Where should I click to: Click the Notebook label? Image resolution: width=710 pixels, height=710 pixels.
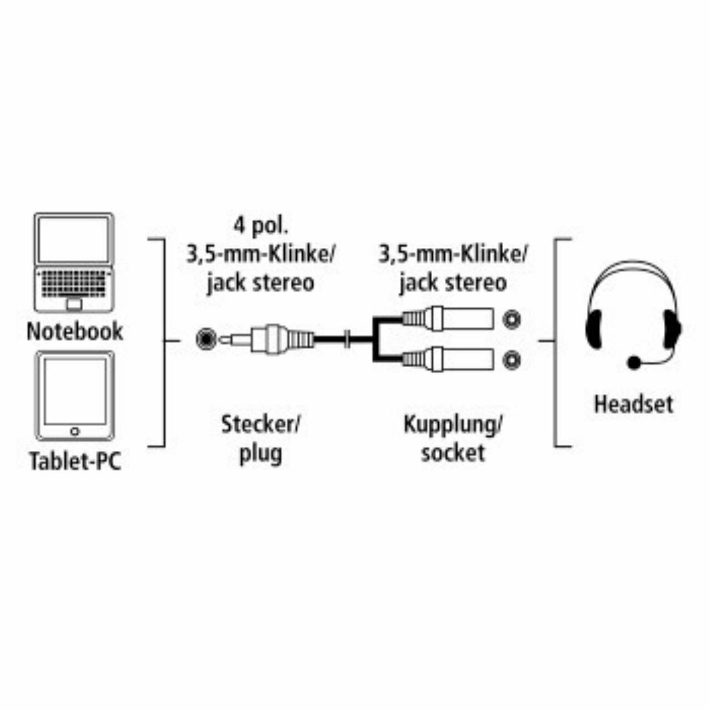pos(75,331)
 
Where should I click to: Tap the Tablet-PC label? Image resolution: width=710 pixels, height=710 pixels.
pos(75,461)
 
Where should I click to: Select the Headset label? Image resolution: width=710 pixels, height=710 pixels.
pos(633,404)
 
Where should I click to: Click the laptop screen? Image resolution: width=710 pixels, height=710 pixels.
pos(74,240)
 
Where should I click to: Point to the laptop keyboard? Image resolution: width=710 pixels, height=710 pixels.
pos(74,284)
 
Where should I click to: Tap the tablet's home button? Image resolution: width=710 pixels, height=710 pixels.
pos(74,431)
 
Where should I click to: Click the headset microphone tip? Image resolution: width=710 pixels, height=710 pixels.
pos(633,363)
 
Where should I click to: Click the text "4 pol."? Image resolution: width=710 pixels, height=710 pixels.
pos(260,226)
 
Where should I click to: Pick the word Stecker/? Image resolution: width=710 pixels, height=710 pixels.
pos(261,425)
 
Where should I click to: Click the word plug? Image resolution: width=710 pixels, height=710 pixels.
pos(261,453)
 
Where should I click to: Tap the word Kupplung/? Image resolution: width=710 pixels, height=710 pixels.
pos(453,425)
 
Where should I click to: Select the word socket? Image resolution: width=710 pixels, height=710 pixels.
pos(453,453)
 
